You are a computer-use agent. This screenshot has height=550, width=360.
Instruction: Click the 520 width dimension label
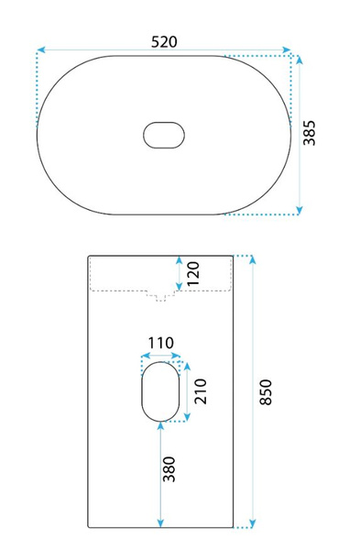tap(164, 42)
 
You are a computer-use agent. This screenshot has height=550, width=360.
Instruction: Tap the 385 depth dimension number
tap(310, 133)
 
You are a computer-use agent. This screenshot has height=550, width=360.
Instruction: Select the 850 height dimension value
tap(266, 392)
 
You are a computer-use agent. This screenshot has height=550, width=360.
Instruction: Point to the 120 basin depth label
tap(193, 274)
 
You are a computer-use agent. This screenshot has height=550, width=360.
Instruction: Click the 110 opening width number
tap(160, 343)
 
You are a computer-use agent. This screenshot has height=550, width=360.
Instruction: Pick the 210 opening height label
tap(201, 391)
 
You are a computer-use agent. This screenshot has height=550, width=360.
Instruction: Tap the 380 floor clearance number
tap(169, 469)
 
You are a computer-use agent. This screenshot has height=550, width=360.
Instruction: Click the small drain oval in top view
tap(164, 135)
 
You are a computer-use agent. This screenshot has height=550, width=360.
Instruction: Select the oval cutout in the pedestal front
tap(160, 391)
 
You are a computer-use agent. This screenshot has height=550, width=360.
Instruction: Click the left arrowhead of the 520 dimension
tap(41, 49)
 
